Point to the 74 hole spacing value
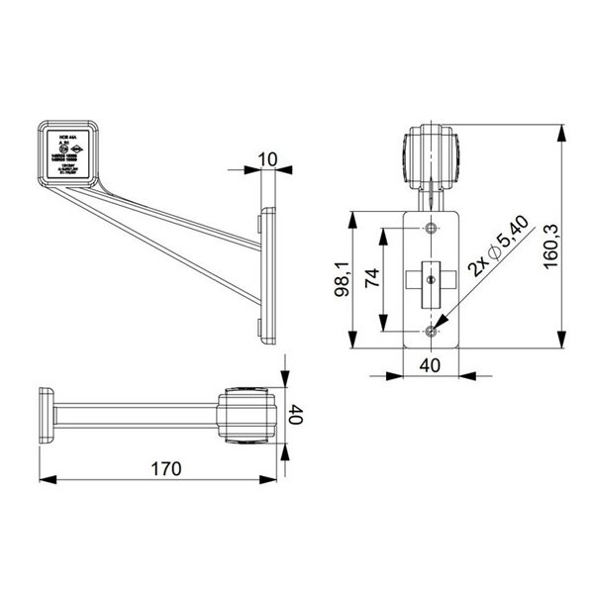coord(372,279)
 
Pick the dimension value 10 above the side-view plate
coord(266,159)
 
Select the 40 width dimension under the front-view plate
coord(430,364)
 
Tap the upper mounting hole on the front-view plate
coord(429,230)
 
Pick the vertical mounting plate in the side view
coord(265,275)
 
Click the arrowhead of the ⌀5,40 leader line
coord(437,321)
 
